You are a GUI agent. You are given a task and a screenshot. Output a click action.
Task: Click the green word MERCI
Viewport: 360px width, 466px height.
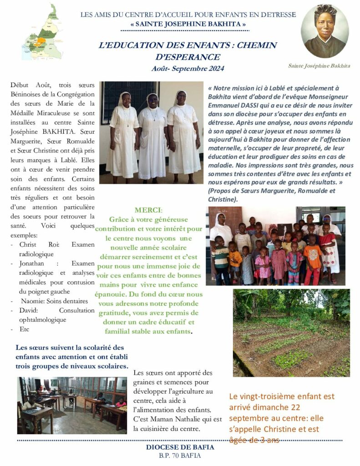pyautogui.click(x=147, y=210)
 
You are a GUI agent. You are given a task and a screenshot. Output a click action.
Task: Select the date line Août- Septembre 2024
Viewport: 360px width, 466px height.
pyautogui.click(x=188, y=69)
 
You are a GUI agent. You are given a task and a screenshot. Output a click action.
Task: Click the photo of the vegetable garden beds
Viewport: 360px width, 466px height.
pyautogui.click(x=291, y=333)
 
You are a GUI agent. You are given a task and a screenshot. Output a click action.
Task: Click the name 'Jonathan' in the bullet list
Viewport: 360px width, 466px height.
pyautogui.click(x=32, y=263)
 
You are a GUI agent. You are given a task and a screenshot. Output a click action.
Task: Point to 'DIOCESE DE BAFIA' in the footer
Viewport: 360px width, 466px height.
pyautogui.click(x=180, y=447)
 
